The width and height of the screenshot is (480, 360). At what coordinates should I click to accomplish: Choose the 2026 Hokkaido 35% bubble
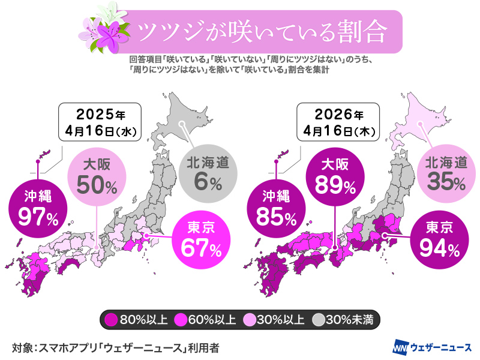[445, 173]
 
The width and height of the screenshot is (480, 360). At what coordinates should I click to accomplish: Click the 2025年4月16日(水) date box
[100, 122]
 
